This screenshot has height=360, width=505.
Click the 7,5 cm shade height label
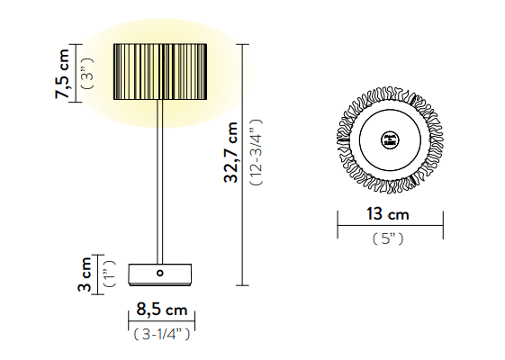[x=62, y=74]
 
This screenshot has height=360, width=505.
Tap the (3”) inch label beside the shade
[x=88, y=74]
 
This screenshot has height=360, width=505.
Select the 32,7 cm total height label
[x=231, y=152]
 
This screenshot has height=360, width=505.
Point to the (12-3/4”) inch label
[x=257, y=152]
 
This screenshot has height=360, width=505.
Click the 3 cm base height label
[x=85, y=274]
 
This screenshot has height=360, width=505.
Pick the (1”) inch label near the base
[x=109, y=274]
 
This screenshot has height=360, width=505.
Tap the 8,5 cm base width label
[x=162, y=310]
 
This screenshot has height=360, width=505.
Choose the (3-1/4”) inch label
[x=162, y=334]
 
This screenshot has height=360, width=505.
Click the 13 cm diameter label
[x=388, y=214]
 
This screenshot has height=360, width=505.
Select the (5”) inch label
[x=388, y=238]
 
